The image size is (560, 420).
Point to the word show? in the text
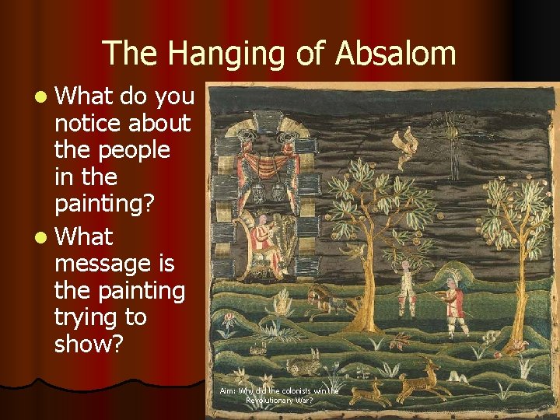(x=89, y=345)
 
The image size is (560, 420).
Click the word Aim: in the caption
(x=227, y=390)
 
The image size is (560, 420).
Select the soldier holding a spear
(x=453, y=299)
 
